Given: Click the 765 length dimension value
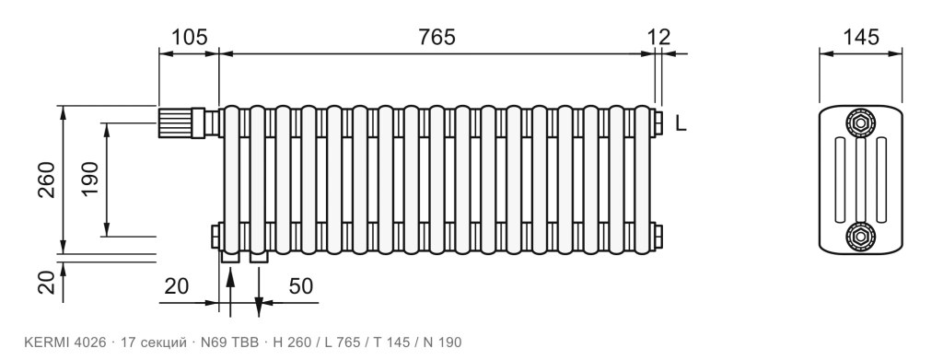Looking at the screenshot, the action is tap(437, 37).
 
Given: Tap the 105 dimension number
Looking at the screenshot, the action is tap(190, 37).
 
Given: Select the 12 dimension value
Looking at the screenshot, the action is tap(659, 37).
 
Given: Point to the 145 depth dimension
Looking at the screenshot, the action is tap(861, 37).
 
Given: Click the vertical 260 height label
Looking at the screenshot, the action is tap(46, 180).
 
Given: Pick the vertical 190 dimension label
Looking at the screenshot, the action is tap(89, 179).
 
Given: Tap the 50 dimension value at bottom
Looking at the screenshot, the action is tap(301, 286).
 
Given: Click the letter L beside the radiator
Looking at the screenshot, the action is tap(681, 123).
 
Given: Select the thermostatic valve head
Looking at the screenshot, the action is tap(175, 122).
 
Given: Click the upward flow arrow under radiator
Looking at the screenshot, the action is tap(229, 292).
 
